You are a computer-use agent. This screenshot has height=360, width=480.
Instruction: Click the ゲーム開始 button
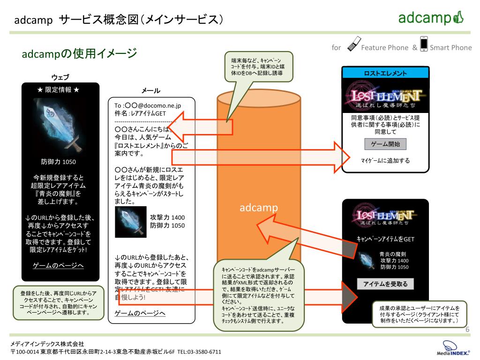tap(385, 144)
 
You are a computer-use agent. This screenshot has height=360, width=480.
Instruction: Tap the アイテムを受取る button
tap(385, 284)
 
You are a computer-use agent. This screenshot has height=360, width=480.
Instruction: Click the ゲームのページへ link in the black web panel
tap(58, 266)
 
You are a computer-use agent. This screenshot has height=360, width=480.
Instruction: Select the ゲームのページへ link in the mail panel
tap(140, 313)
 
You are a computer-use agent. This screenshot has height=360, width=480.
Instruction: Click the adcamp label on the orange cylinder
tap(259, 207)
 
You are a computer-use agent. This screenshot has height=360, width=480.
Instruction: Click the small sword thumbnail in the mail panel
tap(131, 221)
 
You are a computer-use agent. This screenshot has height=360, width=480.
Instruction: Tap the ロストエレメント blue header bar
tap(385, 73)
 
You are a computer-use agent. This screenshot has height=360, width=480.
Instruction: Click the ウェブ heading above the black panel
tap(60, 77)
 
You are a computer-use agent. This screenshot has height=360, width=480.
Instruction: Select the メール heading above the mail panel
tap(150, 90)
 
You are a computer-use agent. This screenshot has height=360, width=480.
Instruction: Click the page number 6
tap(467, 330)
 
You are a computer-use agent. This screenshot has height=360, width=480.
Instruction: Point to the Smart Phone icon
tap(424, 43)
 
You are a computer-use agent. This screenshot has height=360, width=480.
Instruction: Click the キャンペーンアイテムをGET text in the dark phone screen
tap(385, 239)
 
